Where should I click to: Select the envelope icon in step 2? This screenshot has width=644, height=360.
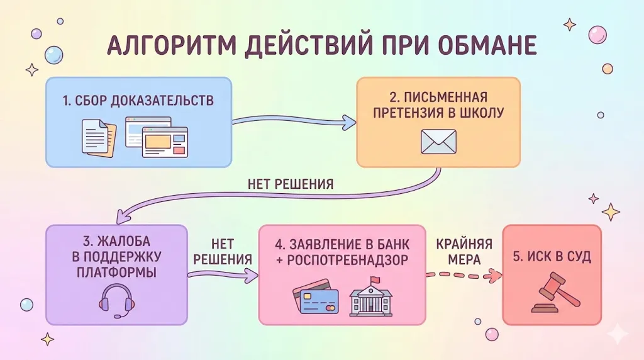tap(438, 142)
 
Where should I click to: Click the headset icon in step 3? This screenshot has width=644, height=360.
tap(117, 300)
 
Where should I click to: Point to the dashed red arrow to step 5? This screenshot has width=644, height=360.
tap(465, 274)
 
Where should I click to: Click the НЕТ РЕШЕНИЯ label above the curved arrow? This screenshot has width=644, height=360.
tap(291, 184)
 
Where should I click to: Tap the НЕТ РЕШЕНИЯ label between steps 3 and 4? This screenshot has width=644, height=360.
tap(223, 252)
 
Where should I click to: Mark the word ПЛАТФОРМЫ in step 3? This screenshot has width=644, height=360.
tap(117, 273)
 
